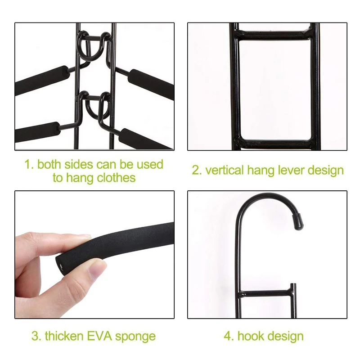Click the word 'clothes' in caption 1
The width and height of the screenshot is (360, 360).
point(116,177)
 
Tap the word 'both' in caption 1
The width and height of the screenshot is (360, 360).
point(49,164)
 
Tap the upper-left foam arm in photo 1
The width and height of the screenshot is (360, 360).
point(43,80)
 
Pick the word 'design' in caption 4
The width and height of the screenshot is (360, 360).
point(286,336)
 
